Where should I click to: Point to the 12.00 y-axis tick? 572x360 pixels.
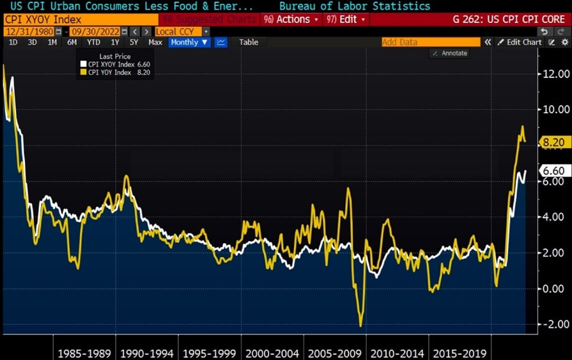[x=552, y=74]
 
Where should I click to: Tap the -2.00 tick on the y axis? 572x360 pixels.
[x=552, y=324]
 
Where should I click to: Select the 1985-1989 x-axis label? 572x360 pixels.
[x=84, y=353]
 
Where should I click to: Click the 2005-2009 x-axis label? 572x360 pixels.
[x=334, y=353]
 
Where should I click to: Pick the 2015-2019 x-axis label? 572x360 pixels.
[x=458, y=353]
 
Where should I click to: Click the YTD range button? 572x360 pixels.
[x=93, y=42]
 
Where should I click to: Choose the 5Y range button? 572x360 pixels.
[x=134, y=42]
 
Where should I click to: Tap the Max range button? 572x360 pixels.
[x=155, y=42]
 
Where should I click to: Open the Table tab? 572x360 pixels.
[x=249, y=42]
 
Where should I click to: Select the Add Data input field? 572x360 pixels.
[x=430, y=42]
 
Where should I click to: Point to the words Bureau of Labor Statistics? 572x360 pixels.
[x=354, y=6]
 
